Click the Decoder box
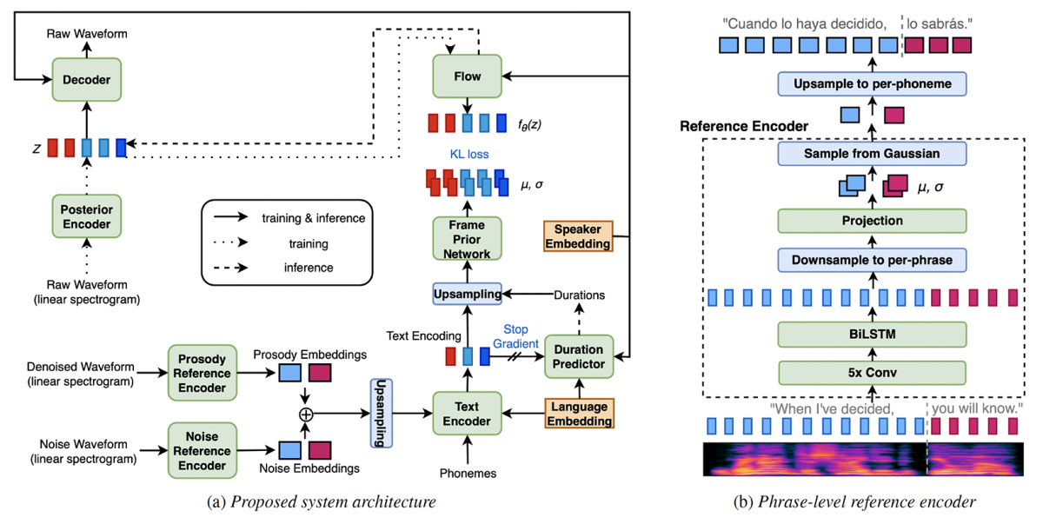tap(88, 79)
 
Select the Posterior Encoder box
tap(87, 217)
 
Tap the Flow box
tap(468, 76)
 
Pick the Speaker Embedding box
tap(577, 236)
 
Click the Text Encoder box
tap(467, 413)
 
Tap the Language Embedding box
tap(577, 413)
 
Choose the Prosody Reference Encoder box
tap(203, 373)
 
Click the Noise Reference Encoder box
tap(203, 449)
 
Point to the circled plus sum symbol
tap(305, 415)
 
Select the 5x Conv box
tap(872, 373)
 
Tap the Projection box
tap(872, 221)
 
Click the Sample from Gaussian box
tap(872, 153)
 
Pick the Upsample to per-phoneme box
tap(872, 84)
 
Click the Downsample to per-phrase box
tap(872, 259)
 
